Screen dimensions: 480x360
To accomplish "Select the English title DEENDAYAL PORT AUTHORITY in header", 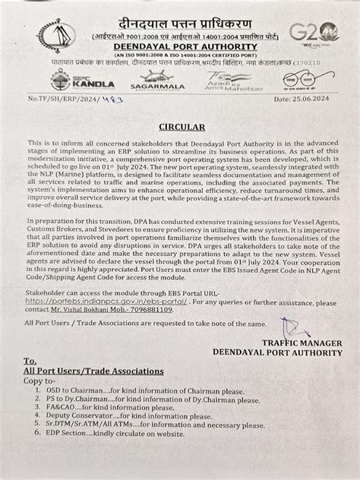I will tap(179, 45).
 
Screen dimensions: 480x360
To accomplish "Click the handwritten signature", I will tap(295, 330).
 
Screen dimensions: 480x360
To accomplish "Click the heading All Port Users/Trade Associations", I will tap(93, 371).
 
